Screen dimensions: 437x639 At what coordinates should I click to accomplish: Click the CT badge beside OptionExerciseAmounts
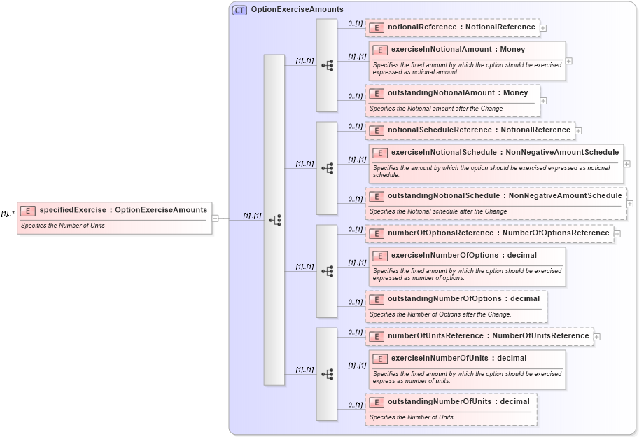click(239, 10)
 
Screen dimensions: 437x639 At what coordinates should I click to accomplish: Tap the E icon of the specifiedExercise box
click(28, 210)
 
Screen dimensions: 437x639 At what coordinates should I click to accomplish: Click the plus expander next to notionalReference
click(543, 28)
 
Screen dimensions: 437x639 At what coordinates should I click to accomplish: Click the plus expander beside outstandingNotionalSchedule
click(630, 204)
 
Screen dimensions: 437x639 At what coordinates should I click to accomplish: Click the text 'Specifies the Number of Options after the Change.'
click(440, 314)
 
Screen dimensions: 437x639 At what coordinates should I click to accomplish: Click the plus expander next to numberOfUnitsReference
click(596, 336)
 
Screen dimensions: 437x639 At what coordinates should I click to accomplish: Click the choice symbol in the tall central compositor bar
click(274, 220)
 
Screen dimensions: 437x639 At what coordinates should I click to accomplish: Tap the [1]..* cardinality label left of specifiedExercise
click(8, 214)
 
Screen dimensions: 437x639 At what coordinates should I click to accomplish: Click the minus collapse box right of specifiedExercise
click(216, 218)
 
